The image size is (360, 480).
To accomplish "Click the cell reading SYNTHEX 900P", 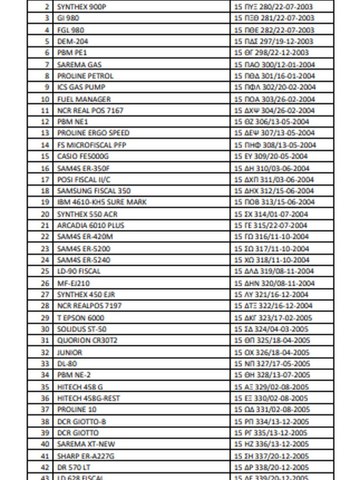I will click(x=82, y=7).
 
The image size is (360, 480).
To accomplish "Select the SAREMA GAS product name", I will click(x=79, y=64).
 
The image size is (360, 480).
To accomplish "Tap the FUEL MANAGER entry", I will click(x=84, y=99).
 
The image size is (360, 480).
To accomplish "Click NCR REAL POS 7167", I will click(x=90, y=111).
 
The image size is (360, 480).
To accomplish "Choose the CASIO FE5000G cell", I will click(x=83, y=156).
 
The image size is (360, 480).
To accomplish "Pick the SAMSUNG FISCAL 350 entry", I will click(x=94, y=191).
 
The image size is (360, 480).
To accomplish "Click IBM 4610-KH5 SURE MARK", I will click(x=102, y=202).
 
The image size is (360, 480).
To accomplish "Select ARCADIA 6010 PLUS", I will click(x=91, y=225).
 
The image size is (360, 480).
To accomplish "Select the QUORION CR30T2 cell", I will click(x=87, y=340).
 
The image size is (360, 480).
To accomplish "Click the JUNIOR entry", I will click(x=70, y=352).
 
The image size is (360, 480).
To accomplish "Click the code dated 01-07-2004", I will click(x=270, y=214).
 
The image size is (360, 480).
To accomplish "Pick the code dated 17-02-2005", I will click(x=273, y=317).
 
